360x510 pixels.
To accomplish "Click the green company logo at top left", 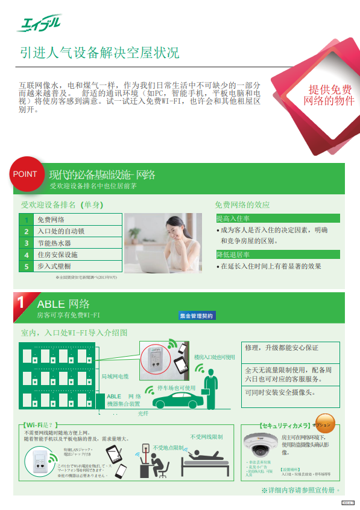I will (x=39, y=24).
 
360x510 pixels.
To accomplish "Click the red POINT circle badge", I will (x=25, y=174).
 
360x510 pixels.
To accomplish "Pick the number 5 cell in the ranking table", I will (x=26, y=266).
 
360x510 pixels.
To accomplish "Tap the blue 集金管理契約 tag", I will (x=197, y=316).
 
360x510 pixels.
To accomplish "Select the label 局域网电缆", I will (x=115, y=377).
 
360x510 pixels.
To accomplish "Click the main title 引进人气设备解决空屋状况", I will (x=99, y=53).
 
